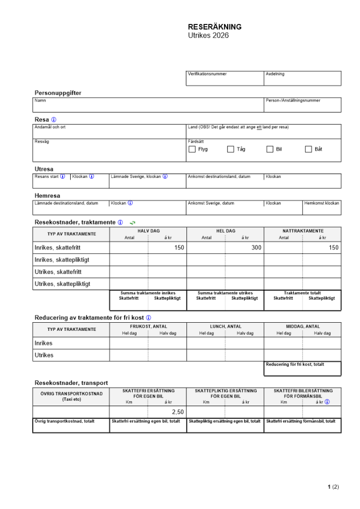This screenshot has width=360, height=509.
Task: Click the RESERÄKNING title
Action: tap(214, 27)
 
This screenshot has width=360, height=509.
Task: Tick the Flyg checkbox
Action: tap(192, 149)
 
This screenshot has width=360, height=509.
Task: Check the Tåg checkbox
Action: tap(231, 149)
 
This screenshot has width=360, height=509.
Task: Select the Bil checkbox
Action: tap(270, 149)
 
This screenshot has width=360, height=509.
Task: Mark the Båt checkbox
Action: tap(308, 149)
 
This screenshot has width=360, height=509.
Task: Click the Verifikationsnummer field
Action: tap(225, 80)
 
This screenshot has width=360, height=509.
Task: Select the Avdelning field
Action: tap(302, 80)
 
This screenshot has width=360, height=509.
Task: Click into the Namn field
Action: tap(148, 107)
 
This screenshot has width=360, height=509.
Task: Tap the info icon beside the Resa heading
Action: tap(54, 120)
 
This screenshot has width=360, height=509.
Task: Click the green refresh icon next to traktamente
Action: tap(132, 222)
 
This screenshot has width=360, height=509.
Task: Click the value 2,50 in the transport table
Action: tap(178, 412)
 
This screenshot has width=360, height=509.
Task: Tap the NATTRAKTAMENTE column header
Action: tap(302, 231)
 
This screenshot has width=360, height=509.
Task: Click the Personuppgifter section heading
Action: tap(58, 93)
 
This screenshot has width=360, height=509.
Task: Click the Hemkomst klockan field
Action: tap(322, 210)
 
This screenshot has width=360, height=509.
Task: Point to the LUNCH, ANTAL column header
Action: tap(225, 327)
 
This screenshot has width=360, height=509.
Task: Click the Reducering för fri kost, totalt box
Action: tap(302, 371)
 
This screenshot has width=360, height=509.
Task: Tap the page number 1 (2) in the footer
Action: tap(333, 487)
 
